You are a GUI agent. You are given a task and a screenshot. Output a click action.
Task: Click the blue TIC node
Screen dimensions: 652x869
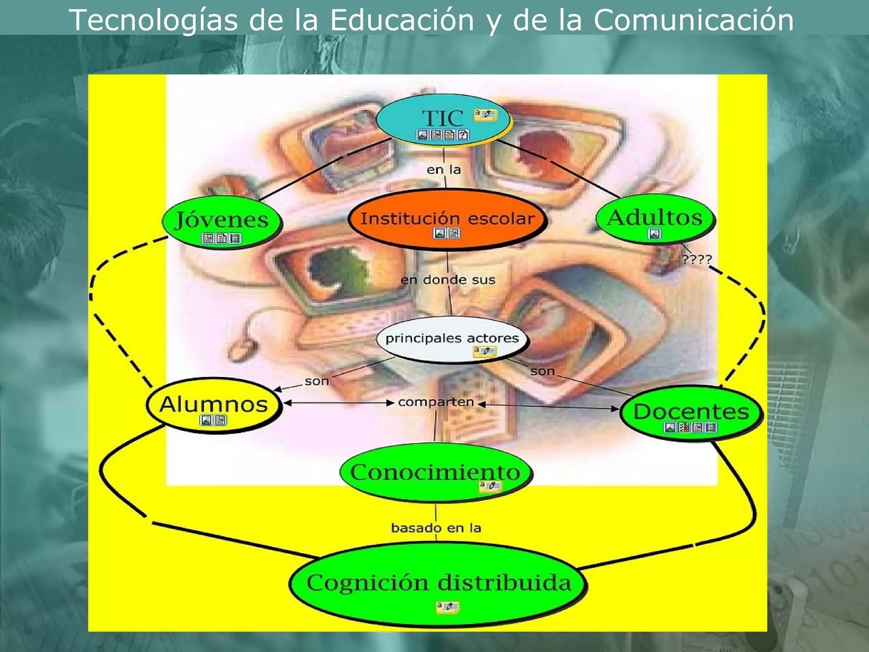[x=442, y=119]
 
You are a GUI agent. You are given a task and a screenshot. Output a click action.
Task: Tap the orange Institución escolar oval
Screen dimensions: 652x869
[x=447, y=219]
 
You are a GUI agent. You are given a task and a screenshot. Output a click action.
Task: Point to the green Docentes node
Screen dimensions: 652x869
[x=691, y=413]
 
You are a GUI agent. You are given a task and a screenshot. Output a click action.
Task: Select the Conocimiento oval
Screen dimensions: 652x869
[x=435, y=472]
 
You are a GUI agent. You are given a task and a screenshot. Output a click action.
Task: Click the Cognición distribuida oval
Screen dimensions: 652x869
[x=438, y=583]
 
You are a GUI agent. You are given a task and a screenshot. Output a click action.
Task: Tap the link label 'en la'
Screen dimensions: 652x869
[x=443, y=170]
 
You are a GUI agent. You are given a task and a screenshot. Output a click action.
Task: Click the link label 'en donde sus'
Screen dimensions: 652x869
[x=448, y=280]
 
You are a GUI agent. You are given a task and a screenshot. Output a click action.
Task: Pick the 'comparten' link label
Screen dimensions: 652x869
[x=436, y=402]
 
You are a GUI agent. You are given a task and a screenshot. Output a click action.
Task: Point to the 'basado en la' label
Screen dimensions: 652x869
[x=436, y=528]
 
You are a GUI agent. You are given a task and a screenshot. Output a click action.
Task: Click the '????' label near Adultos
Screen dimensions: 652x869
[x=697, y=259]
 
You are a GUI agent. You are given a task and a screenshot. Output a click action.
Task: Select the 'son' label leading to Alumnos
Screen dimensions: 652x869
[x=317, y=381]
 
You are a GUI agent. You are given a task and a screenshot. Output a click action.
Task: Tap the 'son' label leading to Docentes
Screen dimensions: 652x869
[x=542, y=371]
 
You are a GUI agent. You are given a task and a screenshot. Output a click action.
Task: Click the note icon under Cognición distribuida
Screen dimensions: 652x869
[x=447, y=607]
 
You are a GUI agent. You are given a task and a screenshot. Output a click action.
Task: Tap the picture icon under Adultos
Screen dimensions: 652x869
[x=654, y=233]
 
